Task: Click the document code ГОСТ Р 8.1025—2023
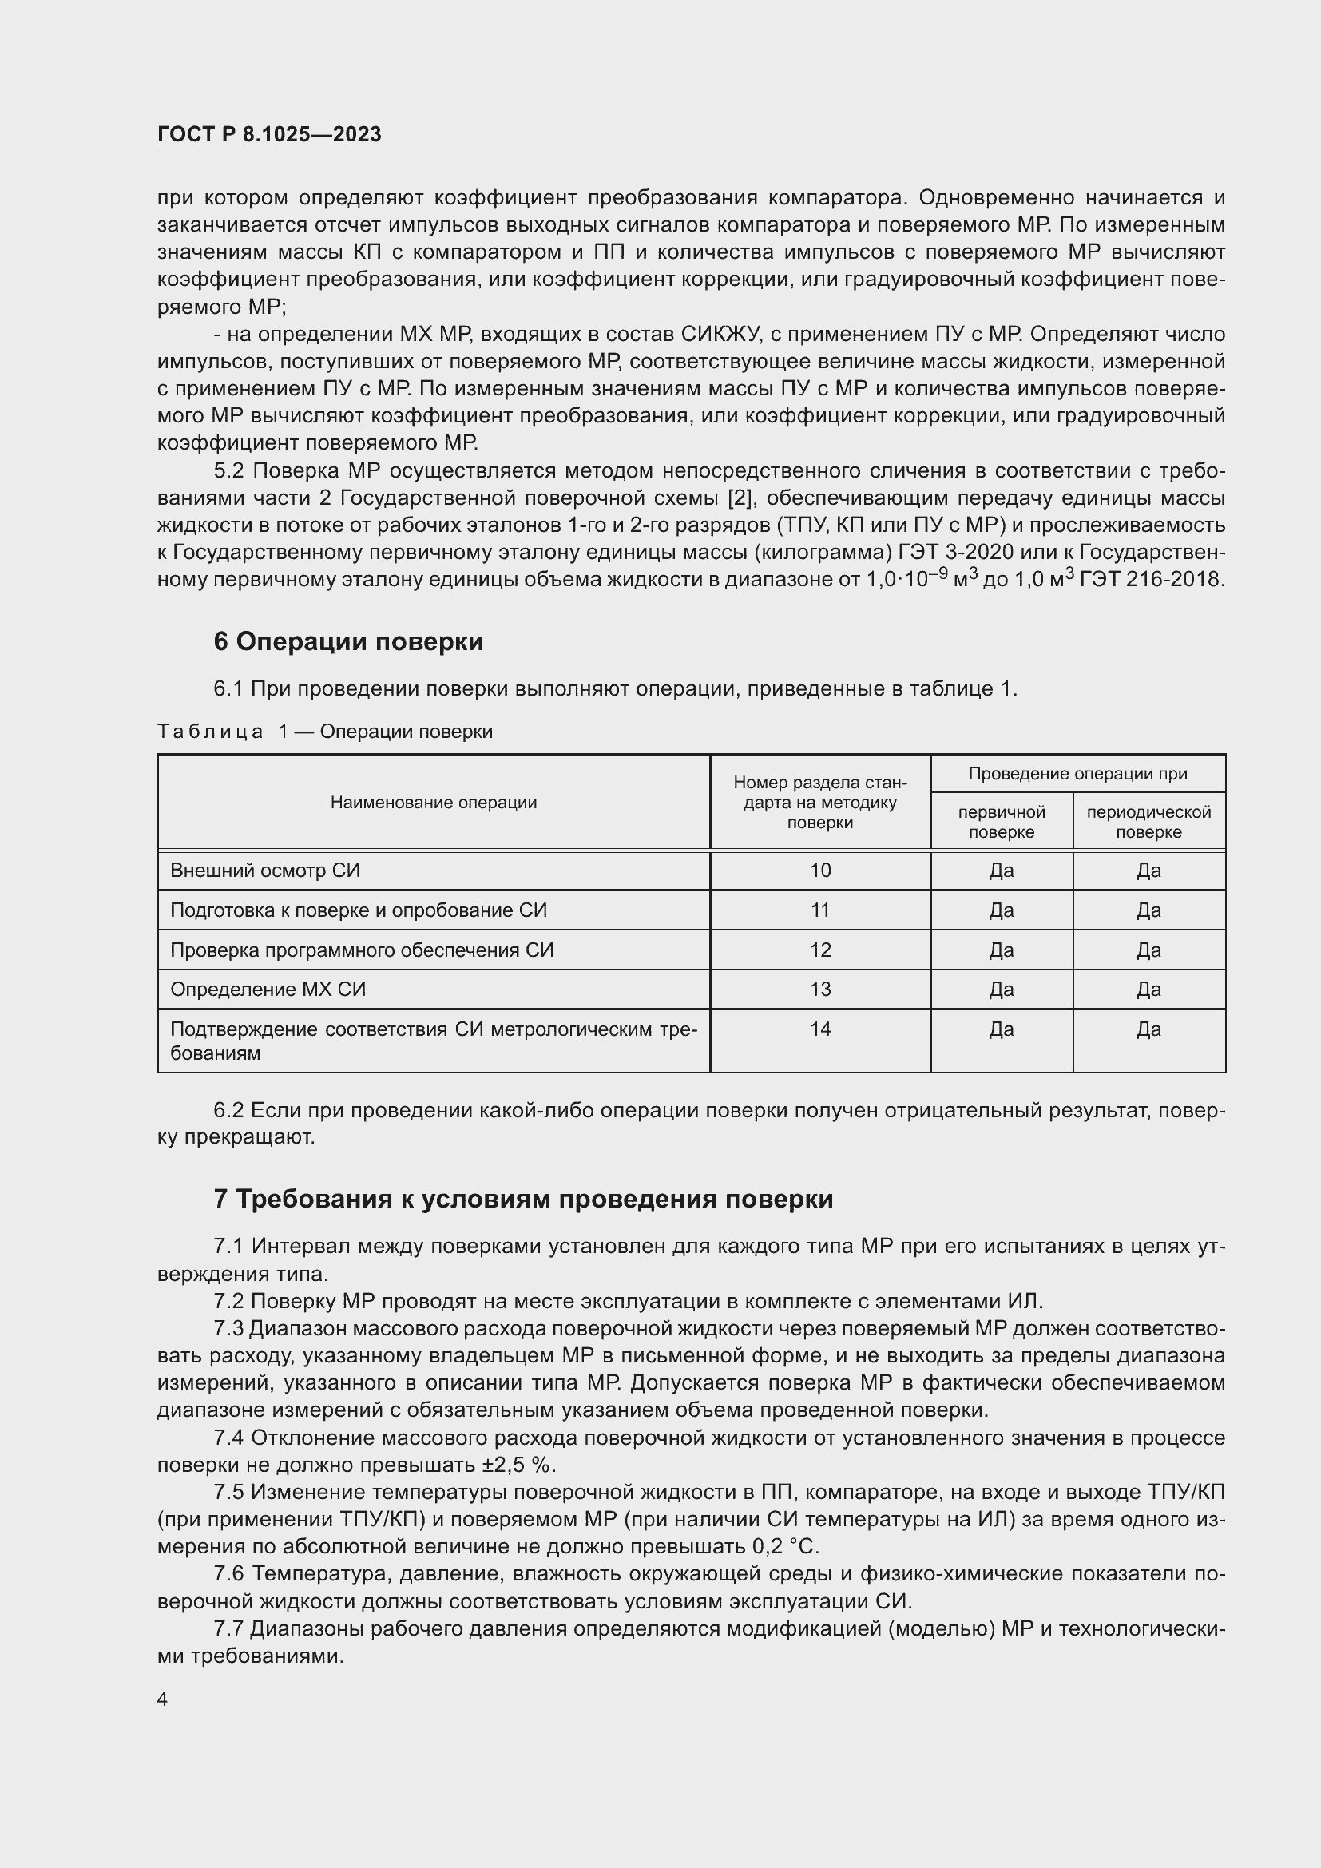point(269,134)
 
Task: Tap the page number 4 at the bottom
point(163,1699)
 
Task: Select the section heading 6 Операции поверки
point(348,642)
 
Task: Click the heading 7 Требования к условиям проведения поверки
point(523,1200)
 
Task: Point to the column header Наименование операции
point(434,803)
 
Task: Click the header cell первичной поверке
point(1002,822)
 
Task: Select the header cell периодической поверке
point(1148,822)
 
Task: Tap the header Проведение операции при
point(1077,774)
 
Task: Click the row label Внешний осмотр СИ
point(265,871)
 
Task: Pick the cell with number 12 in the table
point(820,950)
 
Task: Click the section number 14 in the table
point(820,1029)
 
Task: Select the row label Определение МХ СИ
point(268,990)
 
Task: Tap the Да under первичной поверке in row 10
point(1002,871)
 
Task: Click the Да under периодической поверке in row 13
point(1148,990)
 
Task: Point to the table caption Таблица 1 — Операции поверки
point(324,732)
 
